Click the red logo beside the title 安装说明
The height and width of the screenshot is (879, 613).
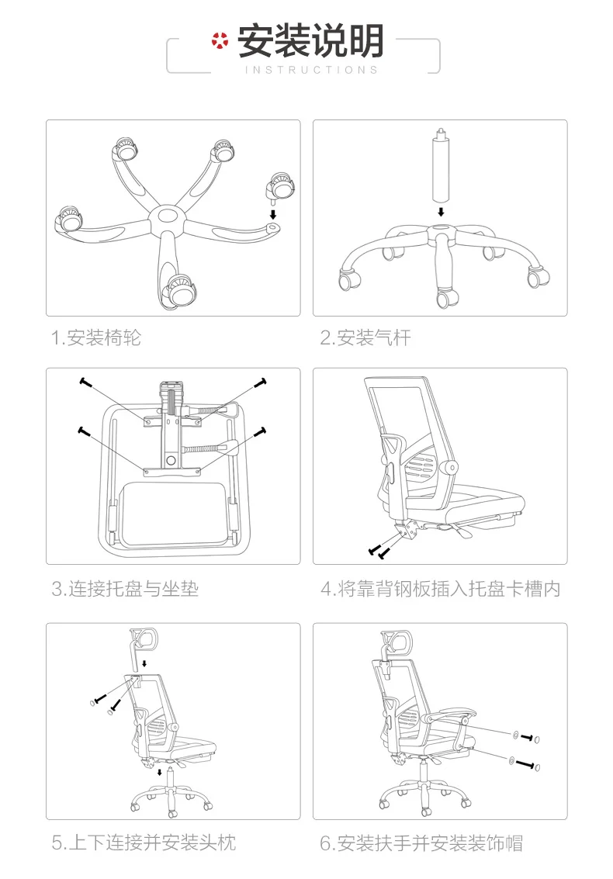[221, 41]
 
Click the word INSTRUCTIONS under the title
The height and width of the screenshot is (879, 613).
[311, 70]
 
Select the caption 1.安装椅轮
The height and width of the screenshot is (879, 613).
[96, 337]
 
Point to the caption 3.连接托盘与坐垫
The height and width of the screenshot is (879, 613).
[125, 589]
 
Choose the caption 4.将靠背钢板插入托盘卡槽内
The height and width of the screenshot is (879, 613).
[440, 589]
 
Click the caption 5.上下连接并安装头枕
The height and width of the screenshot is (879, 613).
[144, 843]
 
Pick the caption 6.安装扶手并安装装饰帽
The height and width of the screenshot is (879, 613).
[421, 843]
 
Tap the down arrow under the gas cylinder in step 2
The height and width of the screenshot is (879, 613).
[441, 211]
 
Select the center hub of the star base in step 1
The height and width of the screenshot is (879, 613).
[165, 216]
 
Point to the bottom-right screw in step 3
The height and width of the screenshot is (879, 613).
[261, 431]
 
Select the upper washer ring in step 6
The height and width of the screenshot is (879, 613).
[516, 734]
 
